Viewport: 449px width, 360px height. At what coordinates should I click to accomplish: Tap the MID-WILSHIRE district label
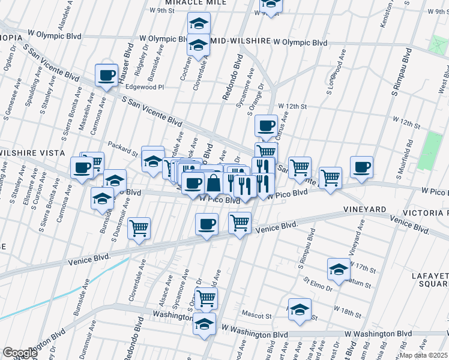(x=239, y=43)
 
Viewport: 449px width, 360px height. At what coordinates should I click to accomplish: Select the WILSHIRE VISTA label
(x=31, y=153)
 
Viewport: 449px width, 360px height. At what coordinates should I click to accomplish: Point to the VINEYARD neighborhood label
(x=364, y=209)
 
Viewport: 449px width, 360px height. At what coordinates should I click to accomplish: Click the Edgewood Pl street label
(x=143, y=87)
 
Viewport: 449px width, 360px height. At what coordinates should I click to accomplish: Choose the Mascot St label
(x=256, y=314)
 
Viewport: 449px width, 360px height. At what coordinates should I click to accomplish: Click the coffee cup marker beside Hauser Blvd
(x=106, y=76)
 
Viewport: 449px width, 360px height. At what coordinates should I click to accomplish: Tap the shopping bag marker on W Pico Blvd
(x=214, y=183)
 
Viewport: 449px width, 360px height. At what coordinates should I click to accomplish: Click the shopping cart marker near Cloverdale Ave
(x=139, y=228)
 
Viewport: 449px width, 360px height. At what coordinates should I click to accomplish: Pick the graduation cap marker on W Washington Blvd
(x=204, y=324)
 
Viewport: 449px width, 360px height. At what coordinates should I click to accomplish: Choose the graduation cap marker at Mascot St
(x=300, y=310)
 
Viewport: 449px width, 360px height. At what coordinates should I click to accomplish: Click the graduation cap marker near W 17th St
(x=339, y=269)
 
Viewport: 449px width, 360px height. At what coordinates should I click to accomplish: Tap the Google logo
(x=20, y=353)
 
